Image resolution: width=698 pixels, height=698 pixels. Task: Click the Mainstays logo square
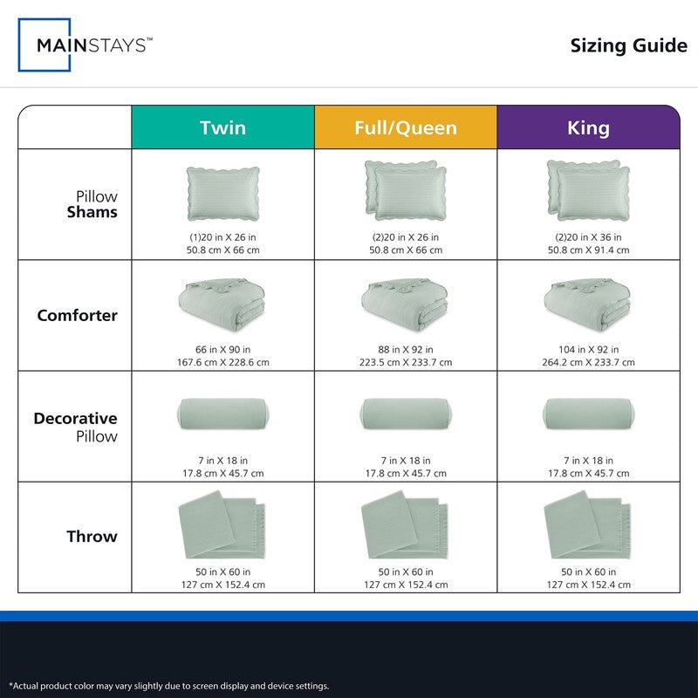(x=18, y=44)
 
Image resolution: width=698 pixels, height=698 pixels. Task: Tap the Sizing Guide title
(x=628, y=46)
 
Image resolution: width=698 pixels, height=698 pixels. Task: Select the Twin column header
(x=222, y=127)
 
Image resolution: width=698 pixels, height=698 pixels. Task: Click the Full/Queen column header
(x=406, y=127)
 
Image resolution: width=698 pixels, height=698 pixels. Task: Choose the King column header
(x=588, y=127)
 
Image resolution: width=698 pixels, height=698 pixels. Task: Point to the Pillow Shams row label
(x=92, y=204)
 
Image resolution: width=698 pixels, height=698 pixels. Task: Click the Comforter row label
(x=78, y=315)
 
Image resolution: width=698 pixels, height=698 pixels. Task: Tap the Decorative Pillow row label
(x=76, y=427)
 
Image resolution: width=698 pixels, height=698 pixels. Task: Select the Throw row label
(x=92, y=537)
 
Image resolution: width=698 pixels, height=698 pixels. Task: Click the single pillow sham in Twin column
(x=223, y=194)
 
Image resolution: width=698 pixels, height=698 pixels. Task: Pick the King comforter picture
(x=587, y=305)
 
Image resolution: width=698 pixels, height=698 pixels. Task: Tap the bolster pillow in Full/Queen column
(x=406, y=414)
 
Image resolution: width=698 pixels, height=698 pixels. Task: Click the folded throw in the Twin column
(x=222, y=525)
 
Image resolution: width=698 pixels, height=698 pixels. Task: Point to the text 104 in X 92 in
(x=588, y=350)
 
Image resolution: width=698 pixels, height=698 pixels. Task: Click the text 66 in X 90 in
(x=222, y=350)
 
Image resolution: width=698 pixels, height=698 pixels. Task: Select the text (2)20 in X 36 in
(x=588, y=237)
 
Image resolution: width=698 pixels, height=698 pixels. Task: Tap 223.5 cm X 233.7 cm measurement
(x=406, y=362)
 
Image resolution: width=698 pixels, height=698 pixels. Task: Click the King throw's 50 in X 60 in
(x=588, y=571)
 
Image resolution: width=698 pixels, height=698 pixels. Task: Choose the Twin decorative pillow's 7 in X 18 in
(x=222, y=461)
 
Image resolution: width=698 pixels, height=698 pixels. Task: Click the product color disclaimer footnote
(x=168, y=686)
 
